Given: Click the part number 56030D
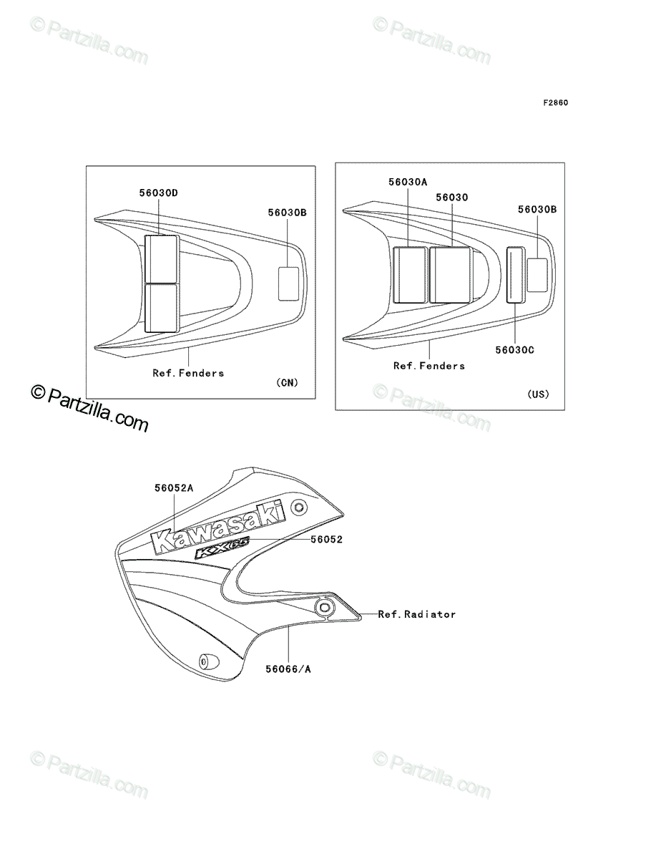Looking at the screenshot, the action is tap(158, 193).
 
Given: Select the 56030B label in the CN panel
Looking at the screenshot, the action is tap(287, 213).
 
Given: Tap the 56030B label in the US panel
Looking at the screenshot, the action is tap(537, 209).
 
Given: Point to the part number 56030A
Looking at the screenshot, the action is tap(408, 182).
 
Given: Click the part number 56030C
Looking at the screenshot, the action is tap(514, 350).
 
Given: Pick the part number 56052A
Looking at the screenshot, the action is tap(174, 488).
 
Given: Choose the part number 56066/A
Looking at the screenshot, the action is tap(288, 669).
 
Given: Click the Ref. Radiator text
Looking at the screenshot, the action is tap(417, 614).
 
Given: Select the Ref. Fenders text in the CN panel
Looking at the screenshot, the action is tap(188, 373).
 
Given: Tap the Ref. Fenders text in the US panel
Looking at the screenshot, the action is tap(429, 366).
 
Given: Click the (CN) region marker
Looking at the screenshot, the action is tap(287, 382).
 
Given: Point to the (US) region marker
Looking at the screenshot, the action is tap(539, 394).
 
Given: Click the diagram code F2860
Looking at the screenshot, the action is tap(555, 103).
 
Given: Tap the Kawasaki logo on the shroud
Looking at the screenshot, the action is tap(218, 527).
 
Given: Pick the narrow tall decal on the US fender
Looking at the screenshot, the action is tap(516, 275).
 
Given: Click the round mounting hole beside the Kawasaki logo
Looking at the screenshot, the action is tap(299, 508).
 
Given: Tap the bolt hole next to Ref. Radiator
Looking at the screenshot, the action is tap(324, 607).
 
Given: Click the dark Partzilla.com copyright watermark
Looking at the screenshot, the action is tap(89, 408).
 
